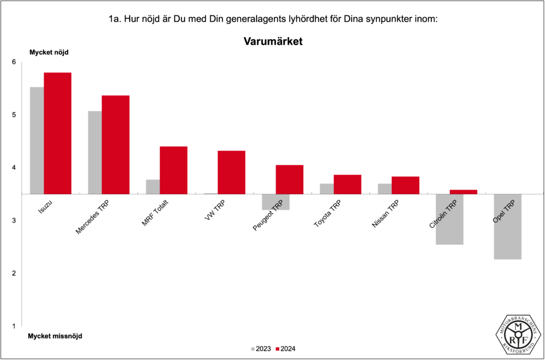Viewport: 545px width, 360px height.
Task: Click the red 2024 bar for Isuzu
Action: [57, 133]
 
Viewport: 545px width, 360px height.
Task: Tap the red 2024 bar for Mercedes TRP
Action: [115, 144]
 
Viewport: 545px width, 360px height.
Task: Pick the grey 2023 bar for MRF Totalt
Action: [153, 187]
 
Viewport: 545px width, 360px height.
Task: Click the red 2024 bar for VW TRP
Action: [232, 172]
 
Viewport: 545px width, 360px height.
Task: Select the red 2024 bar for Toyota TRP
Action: [348, 184]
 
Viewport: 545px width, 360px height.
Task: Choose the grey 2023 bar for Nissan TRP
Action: [384, 189]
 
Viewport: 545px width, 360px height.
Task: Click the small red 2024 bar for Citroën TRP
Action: [464, 192]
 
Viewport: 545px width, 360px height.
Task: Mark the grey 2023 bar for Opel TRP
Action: [507, 226]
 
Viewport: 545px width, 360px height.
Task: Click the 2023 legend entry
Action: [260, 349]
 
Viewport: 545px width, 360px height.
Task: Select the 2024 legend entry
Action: [285, 349]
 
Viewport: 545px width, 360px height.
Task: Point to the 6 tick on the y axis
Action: [14, 62]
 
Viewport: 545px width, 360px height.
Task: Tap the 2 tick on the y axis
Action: [14, 273]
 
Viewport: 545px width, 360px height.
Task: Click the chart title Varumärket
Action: [273, 41]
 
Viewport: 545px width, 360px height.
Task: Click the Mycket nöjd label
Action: [48, 52]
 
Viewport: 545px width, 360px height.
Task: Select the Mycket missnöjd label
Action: [55, 336]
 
